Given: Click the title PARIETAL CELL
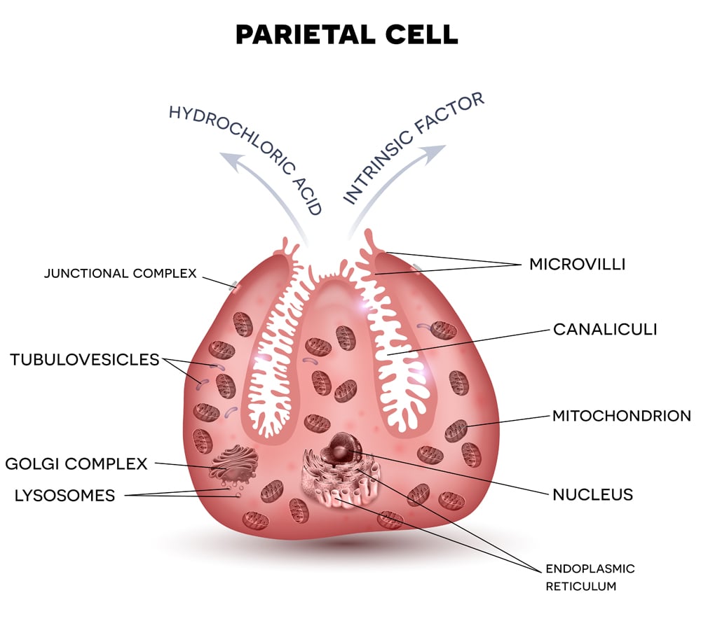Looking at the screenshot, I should [346, 34].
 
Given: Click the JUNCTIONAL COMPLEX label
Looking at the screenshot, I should [121, 273].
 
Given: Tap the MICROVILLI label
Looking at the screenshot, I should [577, 264].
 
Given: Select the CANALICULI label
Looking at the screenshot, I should [605, 329].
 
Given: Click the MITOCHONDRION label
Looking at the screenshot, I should [621, 416].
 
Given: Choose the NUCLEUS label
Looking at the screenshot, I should [592, 494].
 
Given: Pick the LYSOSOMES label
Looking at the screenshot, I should [64, 496].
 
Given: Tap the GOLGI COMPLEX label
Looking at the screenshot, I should [76, 463].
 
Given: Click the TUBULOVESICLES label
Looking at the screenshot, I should [85, 360].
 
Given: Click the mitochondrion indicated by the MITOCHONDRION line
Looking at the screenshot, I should [456, 429].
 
